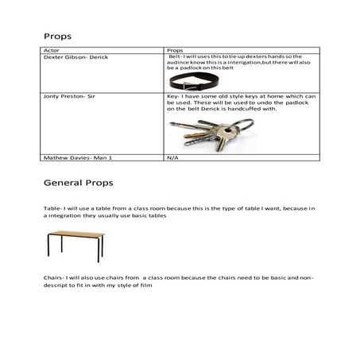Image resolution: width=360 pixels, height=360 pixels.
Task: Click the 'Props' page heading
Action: pos(58,36)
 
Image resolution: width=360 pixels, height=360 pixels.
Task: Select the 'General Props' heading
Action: pos(78,183)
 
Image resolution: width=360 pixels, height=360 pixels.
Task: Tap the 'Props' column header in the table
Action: pos(176,49)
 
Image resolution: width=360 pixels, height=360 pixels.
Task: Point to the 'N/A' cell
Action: pos(172,158)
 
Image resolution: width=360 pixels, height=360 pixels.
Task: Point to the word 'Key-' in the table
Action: pos(175,97)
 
